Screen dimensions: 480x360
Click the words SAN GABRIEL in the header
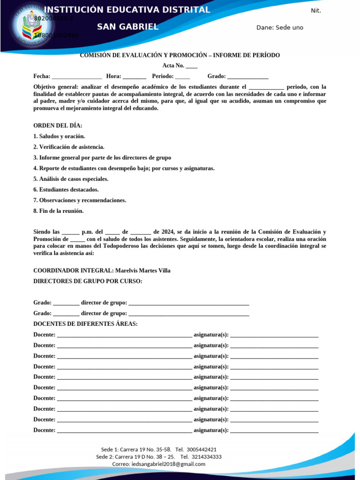point(127,27)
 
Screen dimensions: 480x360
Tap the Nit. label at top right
point(316,11)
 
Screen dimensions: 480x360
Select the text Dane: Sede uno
point(280,28)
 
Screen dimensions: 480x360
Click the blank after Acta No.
point(192,66)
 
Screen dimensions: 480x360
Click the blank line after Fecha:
point(77,76)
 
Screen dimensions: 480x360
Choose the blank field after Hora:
point(135,76)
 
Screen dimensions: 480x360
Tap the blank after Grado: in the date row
point(247,76)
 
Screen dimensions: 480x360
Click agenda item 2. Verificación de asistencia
point(69,147)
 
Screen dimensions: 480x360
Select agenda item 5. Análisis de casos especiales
point(71,179)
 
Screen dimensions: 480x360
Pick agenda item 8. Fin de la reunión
point(59,211)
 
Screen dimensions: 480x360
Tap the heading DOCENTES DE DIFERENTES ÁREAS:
point(86,324)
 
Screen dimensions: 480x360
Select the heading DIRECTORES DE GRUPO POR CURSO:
point(88,281)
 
